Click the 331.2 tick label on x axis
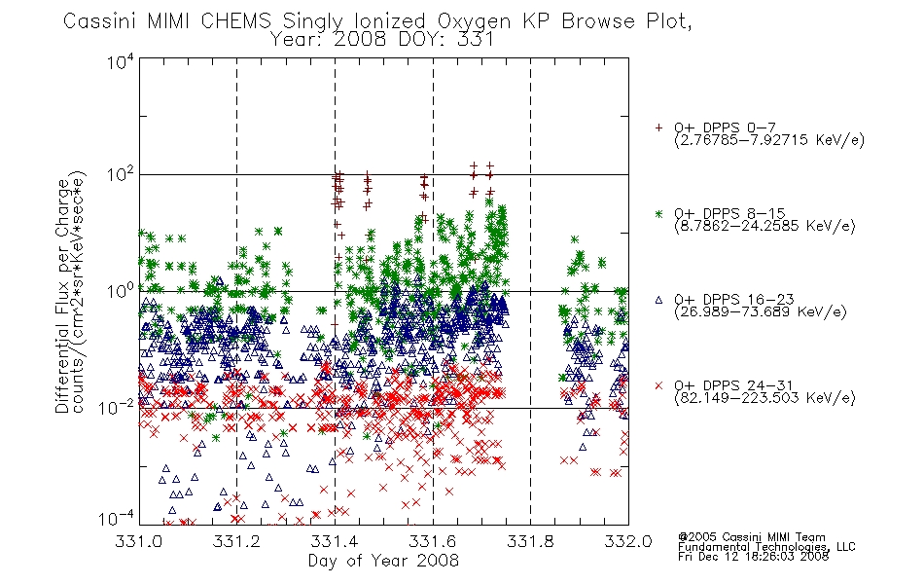(236, 541)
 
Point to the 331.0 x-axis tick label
(138, 541)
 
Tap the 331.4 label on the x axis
(335, 541)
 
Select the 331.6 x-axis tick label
(433, 541)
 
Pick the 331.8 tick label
(530, 541)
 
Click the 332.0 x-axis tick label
(628, 541)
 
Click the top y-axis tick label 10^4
(121, 62)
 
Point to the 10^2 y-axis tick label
(121, 176)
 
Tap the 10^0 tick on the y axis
(121, 292)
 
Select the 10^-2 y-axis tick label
(118, 407)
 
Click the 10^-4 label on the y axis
(118, 518)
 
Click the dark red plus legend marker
(658, 128)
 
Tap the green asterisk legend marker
(658, 214)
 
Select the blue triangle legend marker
(658, 300)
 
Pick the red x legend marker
(658, 385)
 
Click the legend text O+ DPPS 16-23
(734, 300)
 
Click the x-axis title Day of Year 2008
(383, 561)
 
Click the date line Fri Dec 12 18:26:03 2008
(753, 557)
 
